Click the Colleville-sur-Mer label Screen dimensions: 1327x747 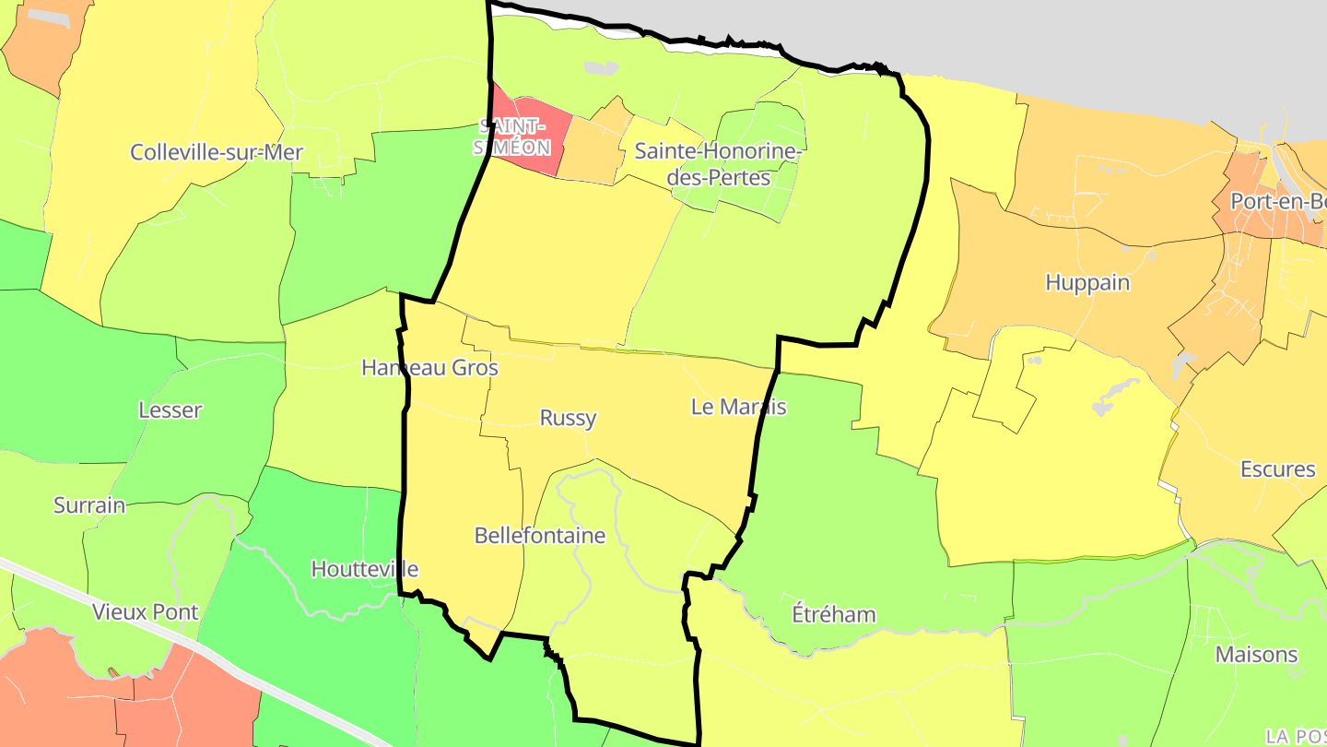[x=217, y=152]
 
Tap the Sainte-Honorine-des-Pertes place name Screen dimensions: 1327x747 [x=717, y=162]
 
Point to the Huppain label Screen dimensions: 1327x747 [x=1087, y=282]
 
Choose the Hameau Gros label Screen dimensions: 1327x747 [x=429, y=368]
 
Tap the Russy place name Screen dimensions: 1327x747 [x=568, y=418]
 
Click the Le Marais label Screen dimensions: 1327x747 [x=738, y=407]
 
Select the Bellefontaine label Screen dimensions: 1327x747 [x=540, y=536]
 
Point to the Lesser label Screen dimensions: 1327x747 [x=170, y=410]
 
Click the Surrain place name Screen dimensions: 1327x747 [x=89, y=505]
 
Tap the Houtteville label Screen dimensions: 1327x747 [x=365, y=569]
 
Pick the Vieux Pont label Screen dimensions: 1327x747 [x=146, y=611]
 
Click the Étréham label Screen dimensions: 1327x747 [x=834, y=614]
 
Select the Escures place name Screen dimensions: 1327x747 [x=1278, y=469]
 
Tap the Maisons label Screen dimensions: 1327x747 [x=1257, y=655]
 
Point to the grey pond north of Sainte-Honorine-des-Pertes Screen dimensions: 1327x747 [x=601, y=67]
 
